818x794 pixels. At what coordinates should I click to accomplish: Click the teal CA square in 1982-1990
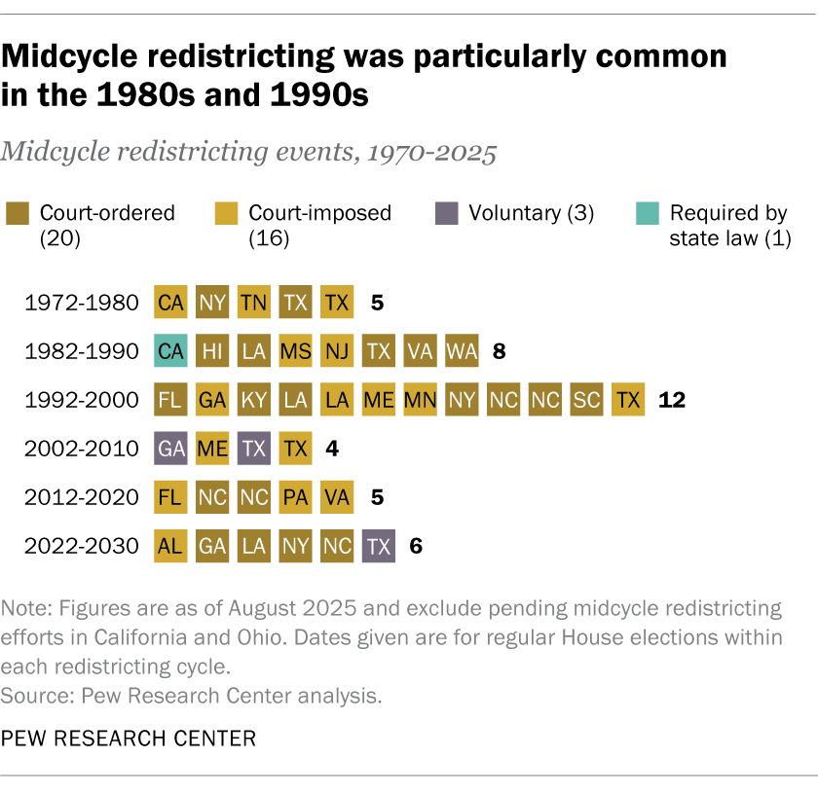[170, 350]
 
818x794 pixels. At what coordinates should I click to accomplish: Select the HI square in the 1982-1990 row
[212, 350]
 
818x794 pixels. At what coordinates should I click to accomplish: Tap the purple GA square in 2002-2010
[170, 448]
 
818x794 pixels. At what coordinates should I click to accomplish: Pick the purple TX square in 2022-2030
[379, 545]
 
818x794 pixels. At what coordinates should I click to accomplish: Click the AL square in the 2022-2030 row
[170, 545]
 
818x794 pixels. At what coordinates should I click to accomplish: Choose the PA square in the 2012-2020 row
[295, 496]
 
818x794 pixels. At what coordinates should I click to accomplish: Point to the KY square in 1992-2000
[254, 399]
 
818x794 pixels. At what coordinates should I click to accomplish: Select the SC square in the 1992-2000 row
[587, 399]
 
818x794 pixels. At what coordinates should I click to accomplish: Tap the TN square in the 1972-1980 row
[254, 302]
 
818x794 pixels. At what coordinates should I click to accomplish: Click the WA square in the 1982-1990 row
[462, 350]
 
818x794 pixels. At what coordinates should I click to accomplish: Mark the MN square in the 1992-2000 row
[421, 399]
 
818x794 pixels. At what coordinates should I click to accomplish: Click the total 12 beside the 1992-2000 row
[672, 399]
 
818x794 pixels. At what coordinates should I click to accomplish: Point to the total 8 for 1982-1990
[499, 350]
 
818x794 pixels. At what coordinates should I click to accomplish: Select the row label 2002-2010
[82, 448]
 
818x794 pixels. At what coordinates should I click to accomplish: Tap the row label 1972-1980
[82, 302]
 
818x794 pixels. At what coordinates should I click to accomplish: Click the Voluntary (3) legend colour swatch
[445, 213]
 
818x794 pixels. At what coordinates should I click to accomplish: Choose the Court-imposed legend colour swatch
[226, 213]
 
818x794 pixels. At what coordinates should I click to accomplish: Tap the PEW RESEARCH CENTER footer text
[129, 739]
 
